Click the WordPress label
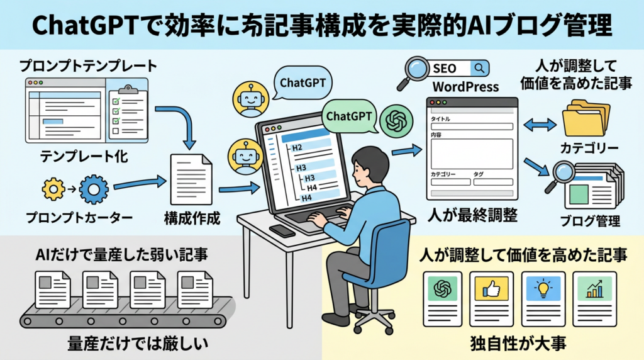[x=466, y=86]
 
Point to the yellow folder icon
[x=586, y=120]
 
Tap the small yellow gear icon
[x=52, y=189]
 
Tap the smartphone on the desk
[x=281, y=230]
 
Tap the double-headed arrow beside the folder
[x=540, y=125]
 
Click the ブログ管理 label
[x=590, y=222]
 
